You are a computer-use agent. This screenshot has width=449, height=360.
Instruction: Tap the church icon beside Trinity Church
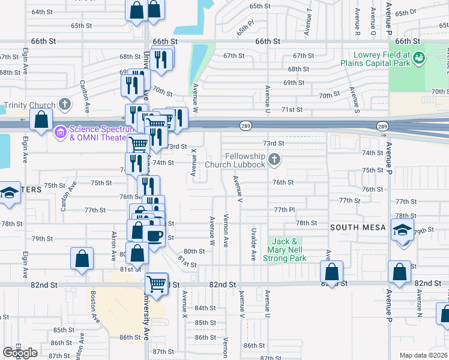[65, 105]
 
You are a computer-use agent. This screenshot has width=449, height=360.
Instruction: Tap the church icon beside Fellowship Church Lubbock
[274, 160]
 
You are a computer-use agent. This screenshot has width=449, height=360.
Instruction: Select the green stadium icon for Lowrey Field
[418, 58]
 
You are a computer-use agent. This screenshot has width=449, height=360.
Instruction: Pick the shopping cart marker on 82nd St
[157, 283]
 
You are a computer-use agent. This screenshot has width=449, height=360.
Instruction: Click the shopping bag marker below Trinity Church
[41, 119]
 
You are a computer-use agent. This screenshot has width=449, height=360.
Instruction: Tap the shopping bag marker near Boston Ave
[82, 258]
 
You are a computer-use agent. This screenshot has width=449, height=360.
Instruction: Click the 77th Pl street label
[285, 210]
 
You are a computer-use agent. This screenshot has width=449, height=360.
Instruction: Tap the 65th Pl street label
[246, 29]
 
